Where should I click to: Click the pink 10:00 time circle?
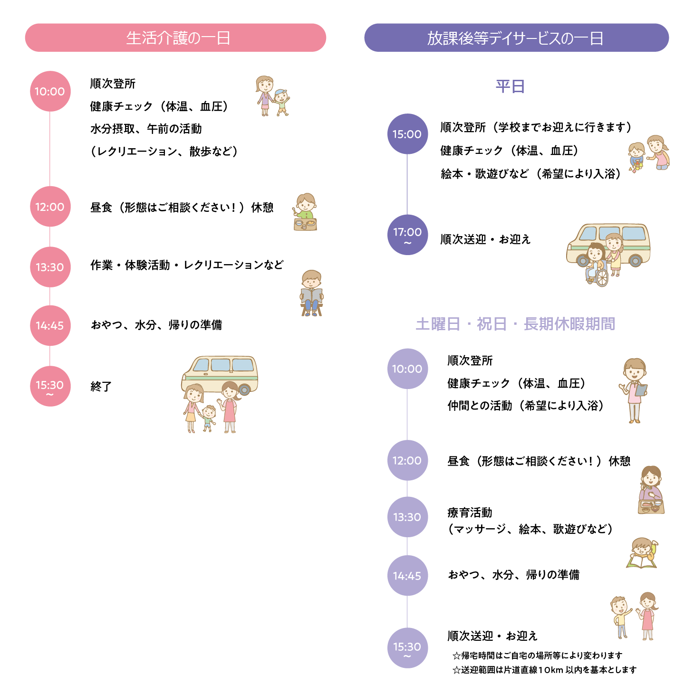tap(50, 91)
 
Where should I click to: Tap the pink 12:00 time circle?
tap(50, 207)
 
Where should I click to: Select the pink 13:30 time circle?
tap(50, 267)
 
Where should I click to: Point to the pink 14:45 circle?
tap(50, 325)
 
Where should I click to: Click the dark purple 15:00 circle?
tap(407, 134)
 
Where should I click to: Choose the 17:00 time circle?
tap(407, 234)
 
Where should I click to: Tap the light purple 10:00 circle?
tap(407, 369)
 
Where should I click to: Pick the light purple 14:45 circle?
tap(407, 576)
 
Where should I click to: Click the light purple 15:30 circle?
tap(407, 648)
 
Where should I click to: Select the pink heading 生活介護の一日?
tap(176, 38)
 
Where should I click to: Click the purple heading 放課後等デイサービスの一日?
tap(516, 38)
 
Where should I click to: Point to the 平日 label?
tap(510, 86)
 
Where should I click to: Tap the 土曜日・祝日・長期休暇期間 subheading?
tap(515, 324)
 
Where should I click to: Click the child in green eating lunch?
tap(305, 211)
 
